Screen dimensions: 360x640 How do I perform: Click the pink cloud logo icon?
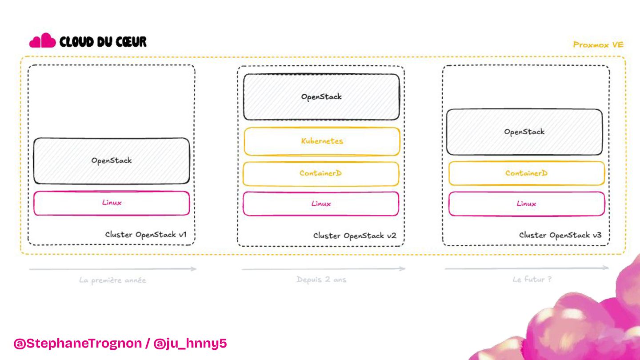click(42, 41)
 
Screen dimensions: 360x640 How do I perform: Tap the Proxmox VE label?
click(598, 44)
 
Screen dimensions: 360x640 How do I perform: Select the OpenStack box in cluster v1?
click(112, 160)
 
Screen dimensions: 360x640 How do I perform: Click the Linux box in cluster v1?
click(112, 203)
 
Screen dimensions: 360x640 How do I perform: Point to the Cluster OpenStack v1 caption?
click(146, 234)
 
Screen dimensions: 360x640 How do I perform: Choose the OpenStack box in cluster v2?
click(321, 97)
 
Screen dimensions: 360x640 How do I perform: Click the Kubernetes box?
click(322, 141)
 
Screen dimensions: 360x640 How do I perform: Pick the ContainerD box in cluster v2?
click(320, 173)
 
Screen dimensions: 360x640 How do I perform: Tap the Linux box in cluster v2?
click(321, 204)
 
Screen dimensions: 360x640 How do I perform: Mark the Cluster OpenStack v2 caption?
click(355, 236)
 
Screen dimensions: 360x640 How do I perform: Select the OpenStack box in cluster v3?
click(524, 132)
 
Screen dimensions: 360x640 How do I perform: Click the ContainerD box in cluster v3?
click(526, 173)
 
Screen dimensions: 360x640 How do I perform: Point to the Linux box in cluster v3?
click(526, 204)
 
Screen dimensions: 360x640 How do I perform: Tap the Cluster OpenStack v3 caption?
click(560, 235)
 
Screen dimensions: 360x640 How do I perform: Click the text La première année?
click(112, 280)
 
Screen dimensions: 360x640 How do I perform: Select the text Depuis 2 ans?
click(321, 280)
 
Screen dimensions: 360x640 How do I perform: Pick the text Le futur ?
click(532, 279)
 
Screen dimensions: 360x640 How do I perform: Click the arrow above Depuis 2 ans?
click(323, 269)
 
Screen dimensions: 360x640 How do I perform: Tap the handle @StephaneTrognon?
click(78, 344)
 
